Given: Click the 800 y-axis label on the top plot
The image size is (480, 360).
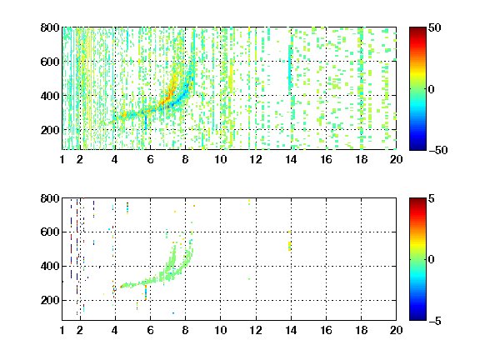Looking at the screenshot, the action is pyautogui.click(x=50, y=27).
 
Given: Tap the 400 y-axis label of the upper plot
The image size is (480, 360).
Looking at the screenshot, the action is pyautogui.click(x=50, y=96).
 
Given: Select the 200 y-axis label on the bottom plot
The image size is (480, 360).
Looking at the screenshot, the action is pyautogui.click(x=50, y=300).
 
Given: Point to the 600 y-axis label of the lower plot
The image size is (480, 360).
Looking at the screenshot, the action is pyautogui.click(x=50, y=232).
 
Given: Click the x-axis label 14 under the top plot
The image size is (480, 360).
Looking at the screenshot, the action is pyautogui.click(x=291, y=159).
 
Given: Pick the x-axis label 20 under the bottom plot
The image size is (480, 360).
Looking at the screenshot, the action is pyautogui.click(x=396, y=330).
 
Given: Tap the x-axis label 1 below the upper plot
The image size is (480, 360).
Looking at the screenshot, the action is pyautogui.click(x=62, y=159).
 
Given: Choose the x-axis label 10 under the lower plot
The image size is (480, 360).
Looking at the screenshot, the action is pyautogui.click(x=220, y=330).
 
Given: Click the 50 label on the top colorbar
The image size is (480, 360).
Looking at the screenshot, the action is pyautogui.click(x=434, y=27).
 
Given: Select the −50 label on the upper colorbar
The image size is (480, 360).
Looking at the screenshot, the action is pyautogui.click(x=438, y=150).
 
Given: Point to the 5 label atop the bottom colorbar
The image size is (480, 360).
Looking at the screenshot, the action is pyautogui.click(x=432, y=198).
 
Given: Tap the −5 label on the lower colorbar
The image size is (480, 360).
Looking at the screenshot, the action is pyautogui.click(x=435, y=321).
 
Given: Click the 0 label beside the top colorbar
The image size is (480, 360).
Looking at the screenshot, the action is pyautogui.click(x=432, y=89).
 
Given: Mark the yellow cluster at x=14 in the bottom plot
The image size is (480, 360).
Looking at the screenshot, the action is pyautogui.click(x=289, y=246).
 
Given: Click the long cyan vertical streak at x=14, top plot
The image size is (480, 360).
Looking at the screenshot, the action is pyautogui.click(x=290, y=70).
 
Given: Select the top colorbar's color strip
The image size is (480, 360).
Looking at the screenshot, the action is pyautogui.click(x=417, y=89).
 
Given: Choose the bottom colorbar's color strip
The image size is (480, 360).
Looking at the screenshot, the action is pyautogui.click(x=417, y=259).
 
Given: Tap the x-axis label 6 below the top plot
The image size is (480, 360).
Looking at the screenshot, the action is pyautogui.click(x=150, y=159).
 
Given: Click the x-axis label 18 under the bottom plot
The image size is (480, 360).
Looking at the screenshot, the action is pyautogui.click(x=361, y=330).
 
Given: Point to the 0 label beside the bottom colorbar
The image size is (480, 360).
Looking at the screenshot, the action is pyautogui.click(x=432, y=260).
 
